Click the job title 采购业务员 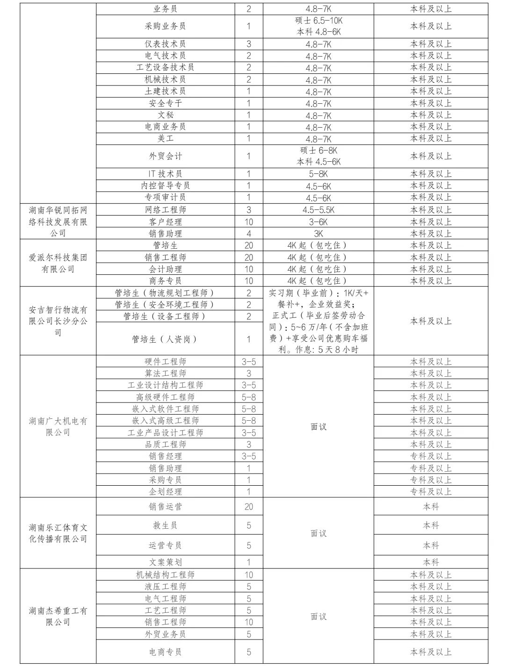point(165,26)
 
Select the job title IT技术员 point(165,174)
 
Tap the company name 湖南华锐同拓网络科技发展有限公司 point(58,222)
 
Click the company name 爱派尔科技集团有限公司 point(58,263)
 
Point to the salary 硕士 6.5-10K point(318,21)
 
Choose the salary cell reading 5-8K point(318,174)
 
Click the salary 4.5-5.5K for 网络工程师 point(318,210)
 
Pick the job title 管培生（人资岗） point(165,339)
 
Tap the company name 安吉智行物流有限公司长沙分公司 point(58,321)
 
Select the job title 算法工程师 point(165,374)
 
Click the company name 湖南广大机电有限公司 point(58,427)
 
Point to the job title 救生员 point(165,525)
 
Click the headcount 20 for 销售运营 point(249,507)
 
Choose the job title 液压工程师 point(165,587)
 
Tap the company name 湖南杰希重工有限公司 point(58,617)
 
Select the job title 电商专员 point(165,652)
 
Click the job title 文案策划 point(165,562)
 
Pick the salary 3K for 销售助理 point(318,234)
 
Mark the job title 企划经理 point(165,492)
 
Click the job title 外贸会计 point(165,156)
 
